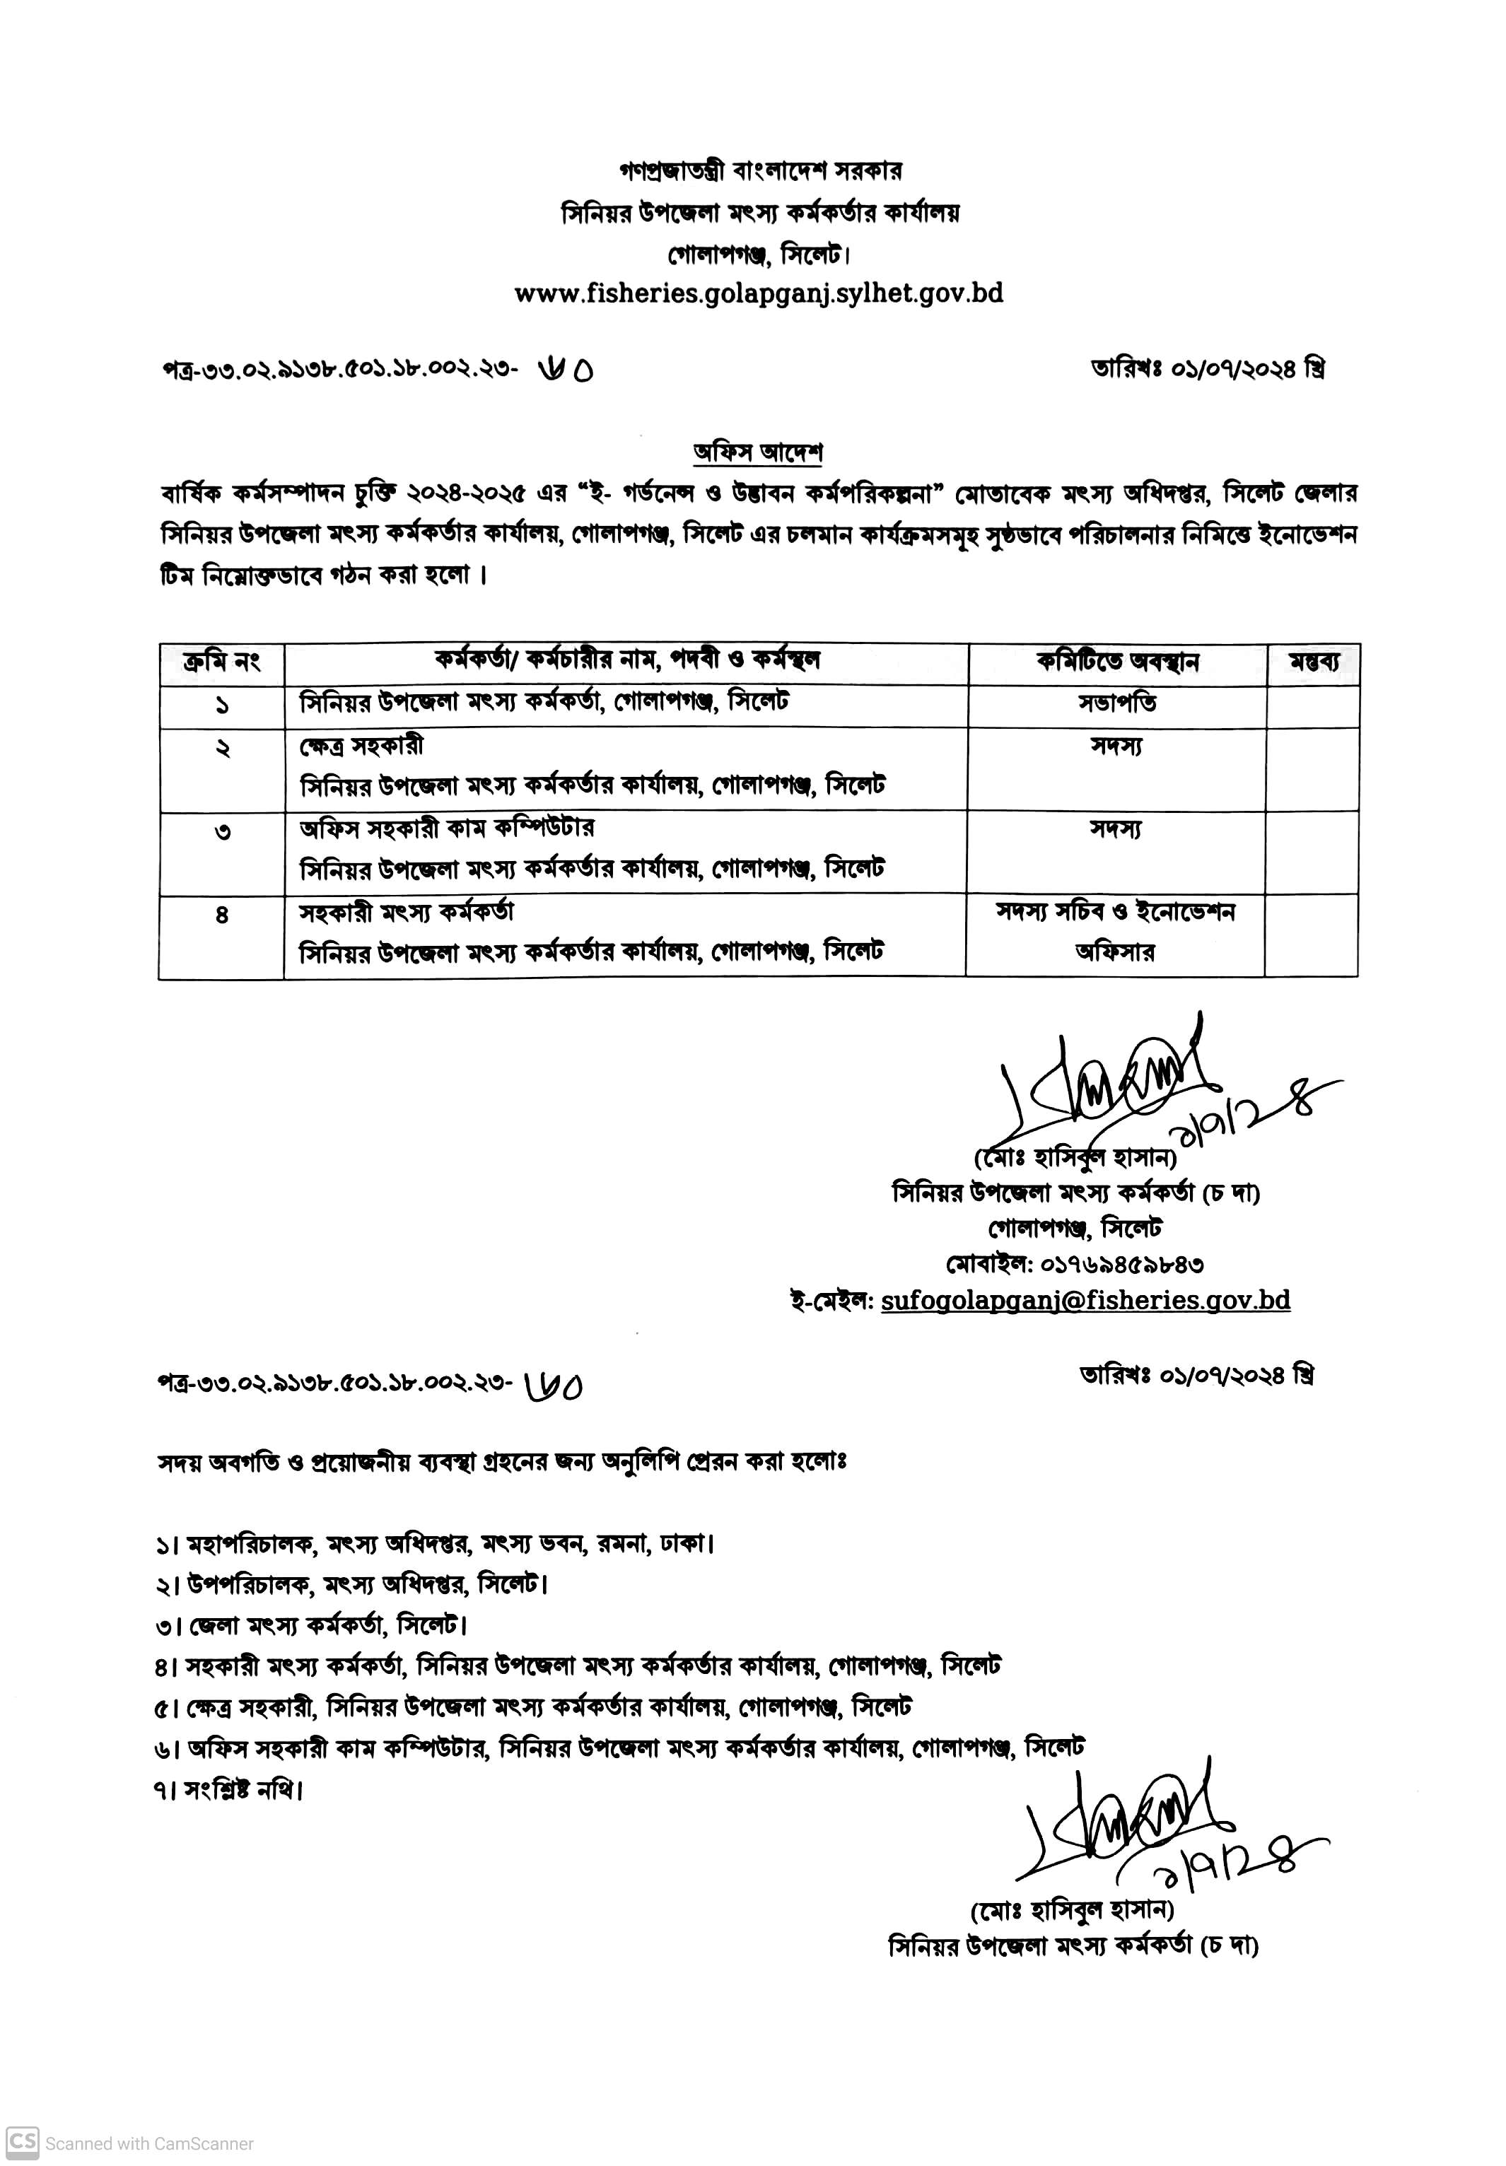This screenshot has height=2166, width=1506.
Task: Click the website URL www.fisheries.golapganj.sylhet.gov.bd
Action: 758,293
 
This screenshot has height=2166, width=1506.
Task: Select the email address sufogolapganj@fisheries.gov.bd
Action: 1085,1300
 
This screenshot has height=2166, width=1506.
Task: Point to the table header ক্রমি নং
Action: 222,662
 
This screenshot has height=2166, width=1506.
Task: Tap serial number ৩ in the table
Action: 223,832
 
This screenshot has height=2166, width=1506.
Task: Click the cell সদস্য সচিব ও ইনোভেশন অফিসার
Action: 1115,932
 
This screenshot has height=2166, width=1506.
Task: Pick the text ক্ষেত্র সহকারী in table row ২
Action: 361,745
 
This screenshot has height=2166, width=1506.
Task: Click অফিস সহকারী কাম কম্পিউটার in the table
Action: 446,829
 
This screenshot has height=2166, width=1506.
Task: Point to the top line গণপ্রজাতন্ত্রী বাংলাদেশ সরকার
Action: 759,171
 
